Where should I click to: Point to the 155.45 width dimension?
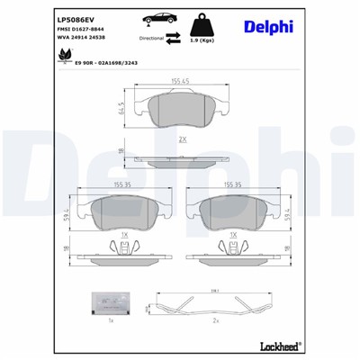(x=180, y=82)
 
